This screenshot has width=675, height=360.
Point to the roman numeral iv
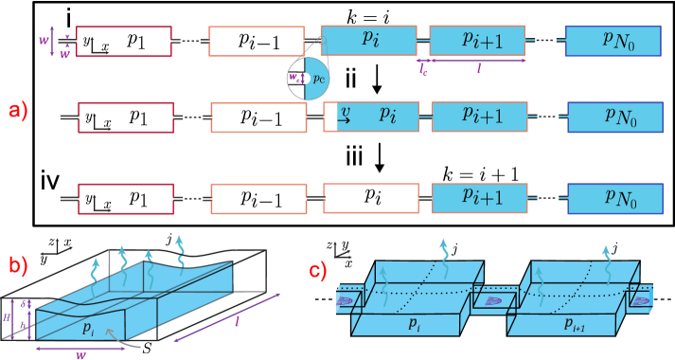tap(52, 178)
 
